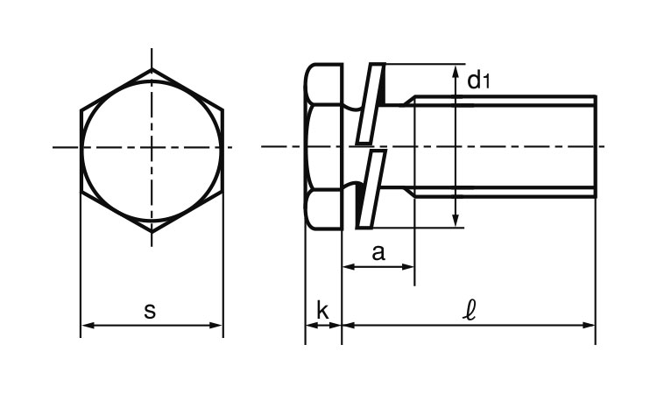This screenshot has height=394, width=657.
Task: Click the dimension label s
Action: (x=150, y=311)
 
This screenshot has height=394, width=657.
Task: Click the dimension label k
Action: (x=322, y=310)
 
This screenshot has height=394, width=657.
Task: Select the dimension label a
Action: (x=378, y=253)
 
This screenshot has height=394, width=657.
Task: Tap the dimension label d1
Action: (x=478, y=81)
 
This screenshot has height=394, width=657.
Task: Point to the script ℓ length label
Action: (x=469, y=310)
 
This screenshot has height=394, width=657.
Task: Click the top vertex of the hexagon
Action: (x=152, y=68)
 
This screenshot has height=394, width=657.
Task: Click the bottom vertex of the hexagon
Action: (x=152, y=231)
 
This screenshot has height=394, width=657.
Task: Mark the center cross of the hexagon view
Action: (x=152, y=147)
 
